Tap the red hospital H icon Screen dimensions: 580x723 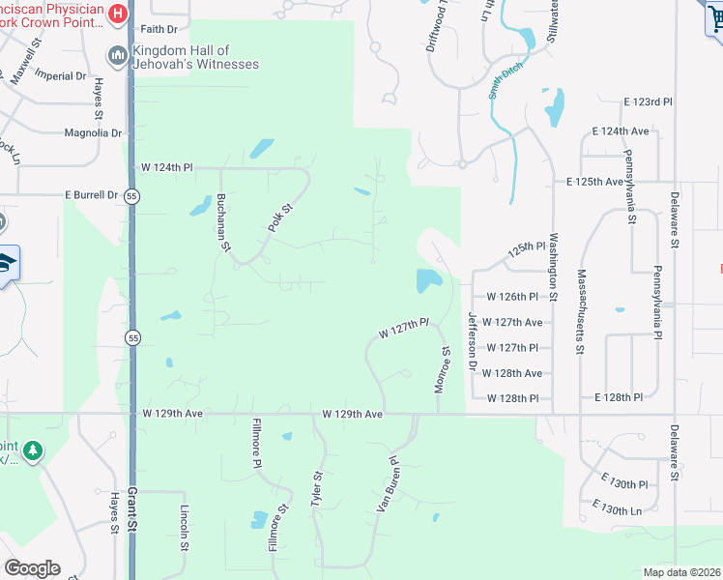[118, 14]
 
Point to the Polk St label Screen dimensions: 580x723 [279, 217]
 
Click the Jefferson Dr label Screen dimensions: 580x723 [473, 340]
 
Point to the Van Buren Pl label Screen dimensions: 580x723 [388, 484]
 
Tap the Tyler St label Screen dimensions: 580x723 [315, 490]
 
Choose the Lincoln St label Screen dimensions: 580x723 [184, 528]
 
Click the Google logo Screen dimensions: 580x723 [32, 568]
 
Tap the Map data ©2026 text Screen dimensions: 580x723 [680, 572]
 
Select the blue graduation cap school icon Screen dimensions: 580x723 [6, 263]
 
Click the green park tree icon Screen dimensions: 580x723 [33, 451]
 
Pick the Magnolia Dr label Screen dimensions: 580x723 [94, 133]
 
